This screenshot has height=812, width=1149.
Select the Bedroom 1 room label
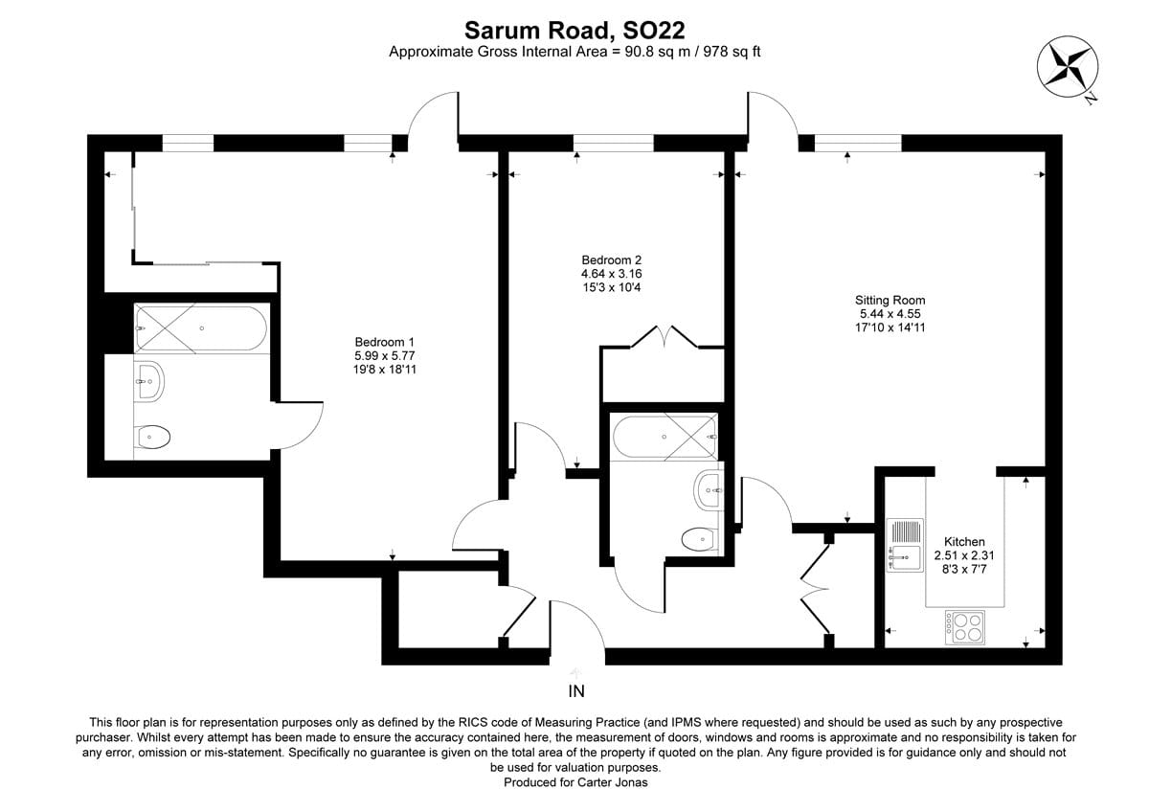click(384, 342)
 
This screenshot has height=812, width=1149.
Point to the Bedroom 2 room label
click(611, 259)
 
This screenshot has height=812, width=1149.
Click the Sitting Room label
click(891, 300)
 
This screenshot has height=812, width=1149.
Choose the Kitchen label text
click(964, 541)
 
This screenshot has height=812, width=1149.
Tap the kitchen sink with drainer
click(905, 544)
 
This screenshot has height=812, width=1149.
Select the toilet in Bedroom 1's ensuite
click(153, 438)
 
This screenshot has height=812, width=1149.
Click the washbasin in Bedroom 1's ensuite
click(149, 382)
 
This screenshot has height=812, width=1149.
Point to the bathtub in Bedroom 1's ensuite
click(201, 328)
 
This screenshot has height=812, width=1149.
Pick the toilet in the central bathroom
click(701, 540)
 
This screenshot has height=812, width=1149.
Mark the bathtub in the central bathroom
click(664, 437)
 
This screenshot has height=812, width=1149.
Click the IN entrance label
click(576, 691)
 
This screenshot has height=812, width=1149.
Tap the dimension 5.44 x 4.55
click(891, 313)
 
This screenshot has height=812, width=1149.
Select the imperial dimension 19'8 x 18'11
click(384, 370)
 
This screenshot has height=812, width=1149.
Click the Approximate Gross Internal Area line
click(574, 52)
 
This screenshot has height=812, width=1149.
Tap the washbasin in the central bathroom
click(710, 490)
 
